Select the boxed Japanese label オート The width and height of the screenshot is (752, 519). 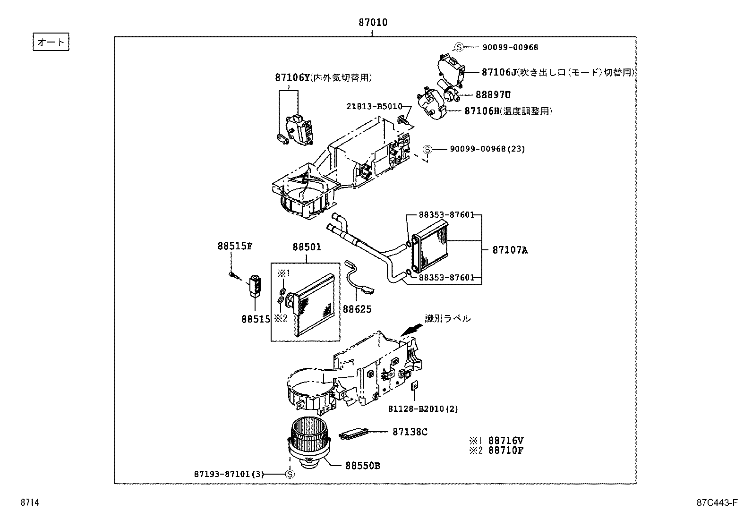pos(51,42)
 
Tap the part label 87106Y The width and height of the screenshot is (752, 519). pos(292,77)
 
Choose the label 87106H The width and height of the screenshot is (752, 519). pos(482,111)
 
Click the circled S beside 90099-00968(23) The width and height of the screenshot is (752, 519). pos(427,149)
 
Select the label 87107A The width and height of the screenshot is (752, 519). pos(510,250)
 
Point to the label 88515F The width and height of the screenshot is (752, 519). pos(235,246)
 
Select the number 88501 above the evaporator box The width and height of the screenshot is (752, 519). pos(307,247)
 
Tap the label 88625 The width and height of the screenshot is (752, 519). pos(357,309)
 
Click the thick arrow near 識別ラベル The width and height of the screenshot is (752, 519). pos(410,329)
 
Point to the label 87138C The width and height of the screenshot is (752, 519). pos(410,432)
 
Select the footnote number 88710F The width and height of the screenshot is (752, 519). pos(505,450)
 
